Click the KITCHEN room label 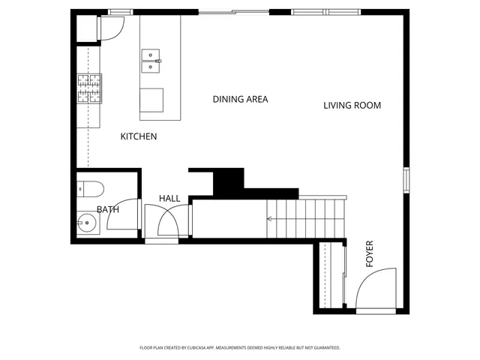[x=139, y=136]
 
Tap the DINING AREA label [x=240, y=99]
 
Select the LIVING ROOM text [x=352, y=106]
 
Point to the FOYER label [x=369, y=253]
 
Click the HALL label [x=169, y=198]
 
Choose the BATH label [x=107, y=210]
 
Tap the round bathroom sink [x=86, y=223]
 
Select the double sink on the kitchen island [x=151, y=61]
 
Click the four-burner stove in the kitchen [x=88, y=88]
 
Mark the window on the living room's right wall [x=406, y=180]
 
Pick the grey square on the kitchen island [x=151, y=100]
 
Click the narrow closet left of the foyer [x=328, y=276]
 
